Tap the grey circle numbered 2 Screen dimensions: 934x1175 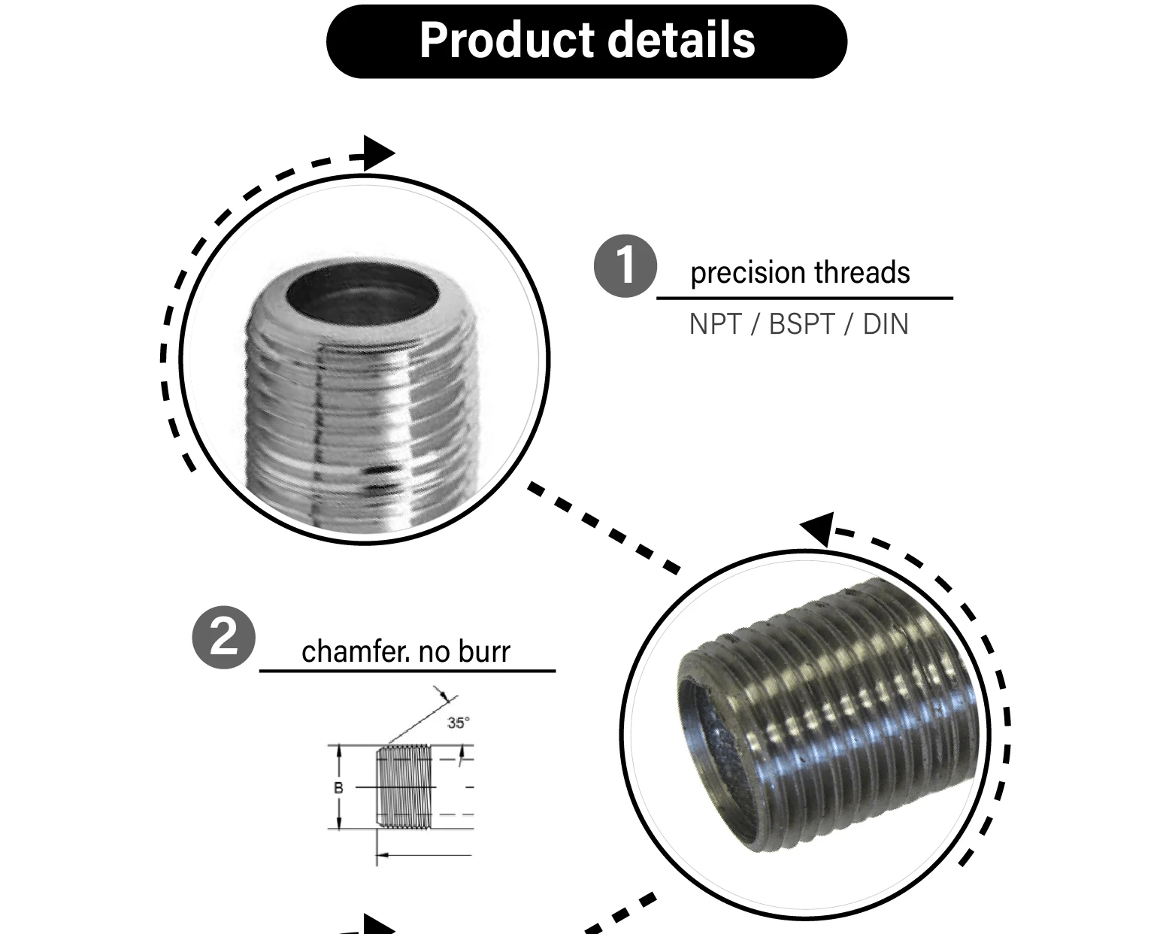click(x=223, y=638)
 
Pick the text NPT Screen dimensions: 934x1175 click(x=715, y=324)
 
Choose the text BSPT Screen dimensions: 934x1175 click(x=801, y=324)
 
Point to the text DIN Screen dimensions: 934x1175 click(x=886, y=324)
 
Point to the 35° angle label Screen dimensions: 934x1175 click(x=458, y=723)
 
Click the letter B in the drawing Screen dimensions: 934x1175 click(x=338, y=787)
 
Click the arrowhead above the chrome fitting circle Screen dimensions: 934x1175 click(x=378, y=153)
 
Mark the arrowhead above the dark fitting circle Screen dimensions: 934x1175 click(x=818, y=528)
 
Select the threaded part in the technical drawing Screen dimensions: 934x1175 click(x=404, y=786)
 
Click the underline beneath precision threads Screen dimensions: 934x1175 click(x=804, y=298)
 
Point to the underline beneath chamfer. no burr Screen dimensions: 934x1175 click(x=407, y=670)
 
